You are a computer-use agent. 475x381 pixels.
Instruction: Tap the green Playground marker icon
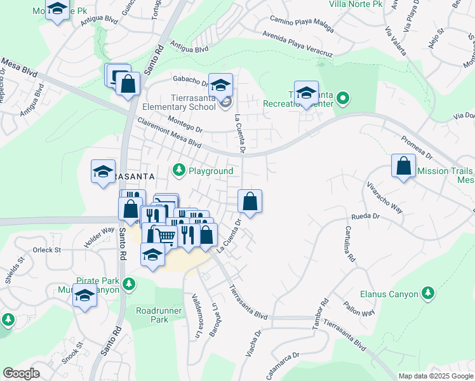pos(180,170)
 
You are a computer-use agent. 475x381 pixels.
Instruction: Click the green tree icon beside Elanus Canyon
pos(428,293)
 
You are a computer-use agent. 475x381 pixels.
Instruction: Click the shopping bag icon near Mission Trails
pos(404,166)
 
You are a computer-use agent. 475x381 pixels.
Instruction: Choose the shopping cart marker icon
pos(166,236)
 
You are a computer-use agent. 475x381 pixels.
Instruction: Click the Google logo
pos(21,373)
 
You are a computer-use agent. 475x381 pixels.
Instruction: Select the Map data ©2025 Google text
pos(435,376)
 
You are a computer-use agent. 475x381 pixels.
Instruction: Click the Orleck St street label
pos(48,250)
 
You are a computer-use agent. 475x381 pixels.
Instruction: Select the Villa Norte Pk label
pos(356,4)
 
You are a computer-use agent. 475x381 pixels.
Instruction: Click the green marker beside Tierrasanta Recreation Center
pos(343,98)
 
